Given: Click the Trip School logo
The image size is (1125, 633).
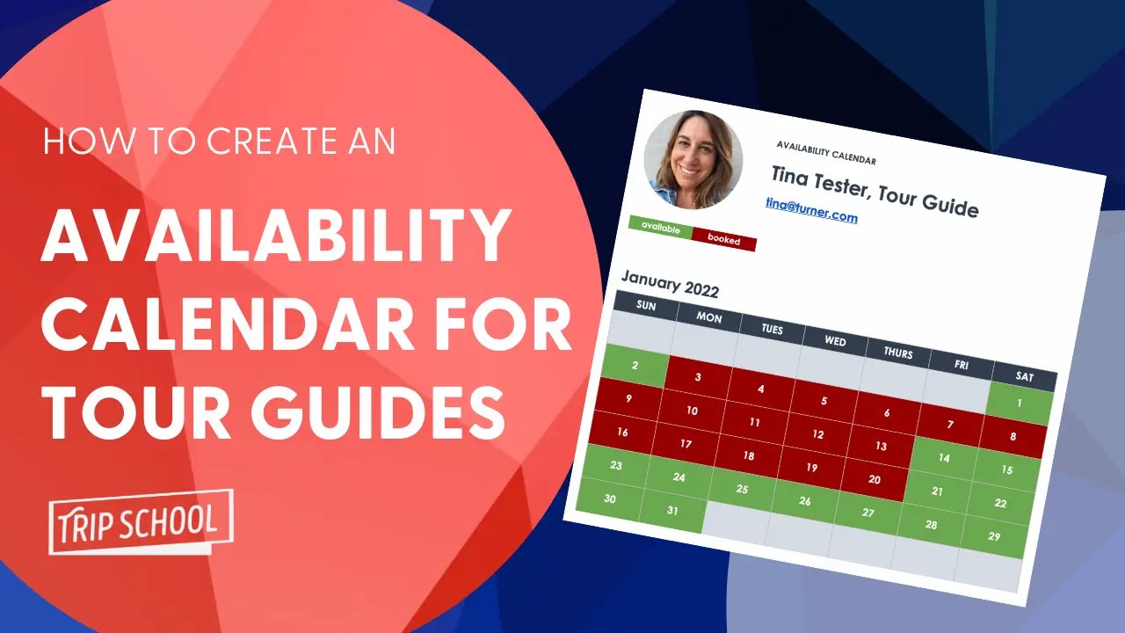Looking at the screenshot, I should (141, 521).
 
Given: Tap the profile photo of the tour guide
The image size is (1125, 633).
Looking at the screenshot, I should (693, 159).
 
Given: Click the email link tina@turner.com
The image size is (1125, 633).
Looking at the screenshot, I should (810, 210).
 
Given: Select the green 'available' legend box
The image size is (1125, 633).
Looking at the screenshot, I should (660, 228).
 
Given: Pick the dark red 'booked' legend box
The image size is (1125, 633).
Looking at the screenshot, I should (723, 240).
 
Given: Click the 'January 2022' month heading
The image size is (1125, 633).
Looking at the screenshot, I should (670, 285).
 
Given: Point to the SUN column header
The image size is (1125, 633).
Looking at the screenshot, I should (646, 305).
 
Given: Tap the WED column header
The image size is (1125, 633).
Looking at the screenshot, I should (835, 340).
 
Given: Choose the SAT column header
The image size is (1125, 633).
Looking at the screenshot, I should (1025, 375).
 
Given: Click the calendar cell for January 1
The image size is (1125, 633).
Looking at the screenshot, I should (1019, 404).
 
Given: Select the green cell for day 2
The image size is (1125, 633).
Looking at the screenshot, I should (635, 365).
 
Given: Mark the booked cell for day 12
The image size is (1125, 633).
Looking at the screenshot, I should (817, 434).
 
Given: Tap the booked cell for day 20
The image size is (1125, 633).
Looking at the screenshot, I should (874, 480).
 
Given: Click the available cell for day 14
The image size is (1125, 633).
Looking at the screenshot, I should (944, 458).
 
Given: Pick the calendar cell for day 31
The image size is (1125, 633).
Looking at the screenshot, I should (672, 510).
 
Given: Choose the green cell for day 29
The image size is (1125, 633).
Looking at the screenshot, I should (994, 536).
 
